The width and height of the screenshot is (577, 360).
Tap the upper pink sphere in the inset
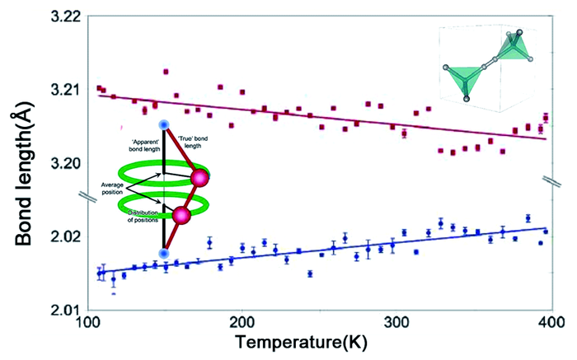[x=199, y=177]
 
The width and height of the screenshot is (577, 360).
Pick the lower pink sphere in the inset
[x=181, y=216]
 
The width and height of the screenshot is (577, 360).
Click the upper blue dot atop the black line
[x=164, y=124]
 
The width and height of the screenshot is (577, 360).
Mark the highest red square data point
[x=166, y=72]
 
